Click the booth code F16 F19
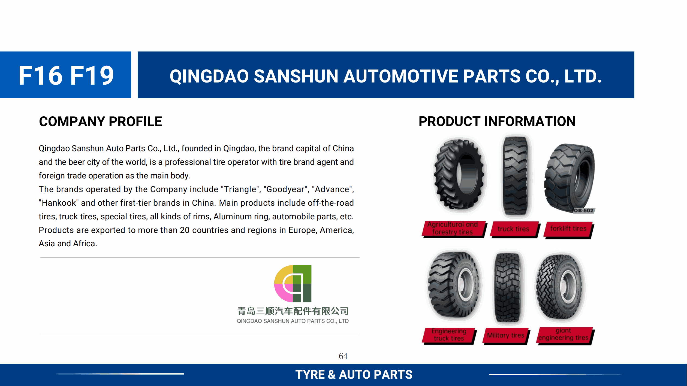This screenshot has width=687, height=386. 66,75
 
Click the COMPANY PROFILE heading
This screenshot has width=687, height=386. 101,121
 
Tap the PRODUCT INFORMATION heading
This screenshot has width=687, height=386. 497,121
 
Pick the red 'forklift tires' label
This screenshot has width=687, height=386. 568,229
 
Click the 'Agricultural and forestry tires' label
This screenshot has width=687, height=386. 454,229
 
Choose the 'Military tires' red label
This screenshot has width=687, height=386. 506,336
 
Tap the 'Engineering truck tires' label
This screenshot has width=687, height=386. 449,335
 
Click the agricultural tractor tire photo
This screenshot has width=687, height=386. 459,174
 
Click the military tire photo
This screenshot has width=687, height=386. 508,287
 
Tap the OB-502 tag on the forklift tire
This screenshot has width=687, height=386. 584,211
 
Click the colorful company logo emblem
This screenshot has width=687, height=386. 293,284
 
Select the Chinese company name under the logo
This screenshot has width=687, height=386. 293,311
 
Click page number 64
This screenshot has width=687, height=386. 343,356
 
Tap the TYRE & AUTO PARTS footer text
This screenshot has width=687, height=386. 354,375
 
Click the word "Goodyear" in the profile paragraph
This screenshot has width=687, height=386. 285,189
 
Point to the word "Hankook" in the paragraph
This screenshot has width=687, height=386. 59,203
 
